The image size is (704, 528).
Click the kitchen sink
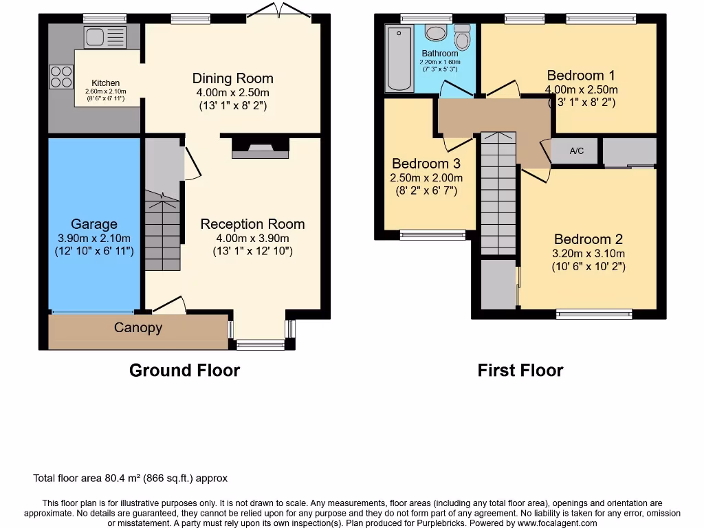point(105,37)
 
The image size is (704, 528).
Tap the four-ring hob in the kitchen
point(61,76)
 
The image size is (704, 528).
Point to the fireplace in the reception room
point(261,148)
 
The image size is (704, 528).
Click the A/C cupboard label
point(576,151)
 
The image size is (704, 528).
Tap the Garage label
point(94,224)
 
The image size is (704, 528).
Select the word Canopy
point(138,328)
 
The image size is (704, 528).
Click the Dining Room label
point(232,78)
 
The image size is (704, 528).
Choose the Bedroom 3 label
point(426,164)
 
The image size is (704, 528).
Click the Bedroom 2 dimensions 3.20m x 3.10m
point(588,253)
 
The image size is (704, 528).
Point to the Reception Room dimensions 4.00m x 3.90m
point(252,238)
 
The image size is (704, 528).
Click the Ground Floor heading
point(184,371)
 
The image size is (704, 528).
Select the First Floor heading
point(520,371)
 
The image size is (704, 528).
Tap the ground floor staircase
point(162,234)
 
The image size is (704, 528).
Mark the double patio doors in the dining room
point(278,12)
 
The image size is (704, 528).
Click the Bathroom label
point(440,54)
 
